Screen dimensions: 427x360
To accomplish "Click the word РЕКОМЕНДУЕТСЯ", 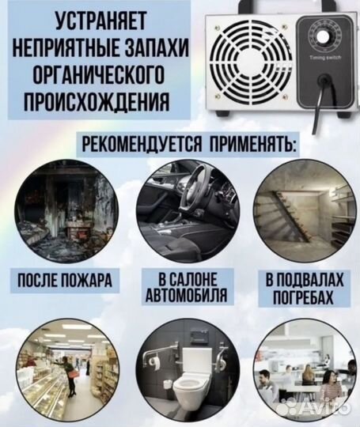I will [142, 145].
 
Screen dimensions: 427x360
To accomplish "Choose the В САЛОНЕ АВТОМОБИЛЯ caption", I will [179, 287].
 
